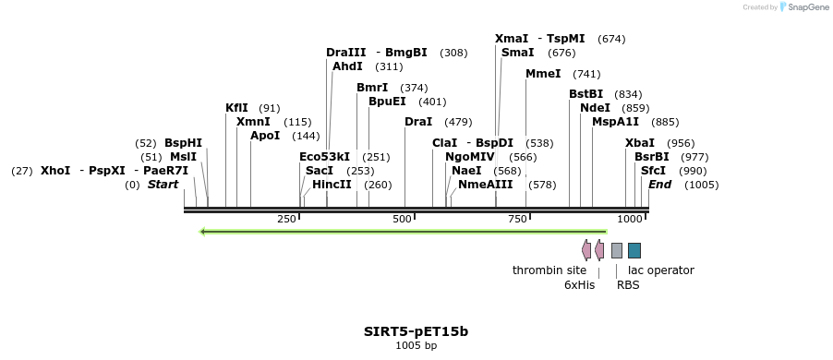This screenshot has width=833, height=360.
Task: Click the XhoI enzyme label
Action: [55, 171]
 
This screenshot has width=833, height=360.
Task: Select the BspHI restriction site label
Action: [183, 143]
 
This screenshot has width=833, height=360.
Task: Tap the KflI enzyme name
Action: [236, 108]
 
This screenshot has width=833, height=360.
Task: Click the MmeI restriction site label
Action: [543, 74]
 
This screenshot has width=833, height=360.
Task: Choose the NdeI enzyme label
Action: [595, 108]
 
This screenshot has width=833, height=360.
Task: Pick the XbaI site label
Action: [640, 143]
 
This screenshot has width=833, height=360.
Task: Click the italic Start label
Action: [163, 185]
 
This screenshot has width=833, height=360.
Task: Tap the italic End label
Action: [659, 185]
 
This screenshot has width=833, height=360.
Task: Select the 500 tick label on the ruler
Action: [402, 219]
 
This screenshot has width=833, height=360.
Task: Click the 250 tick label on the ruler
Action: [286, 219]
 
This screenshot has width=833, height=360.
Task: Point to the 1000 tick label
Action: [630, 219]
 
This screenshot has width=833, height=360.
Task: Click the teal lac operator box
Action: [634, 250]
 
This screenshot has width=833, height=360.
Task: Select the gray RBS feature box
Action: [617, 250]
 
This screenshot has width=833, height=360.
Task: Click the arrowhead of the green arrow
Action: [204, 232]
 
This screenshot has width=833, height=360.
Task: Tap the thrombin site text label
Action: [549, 270]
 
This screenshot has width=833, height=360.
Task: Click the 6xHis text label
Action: [579, 285]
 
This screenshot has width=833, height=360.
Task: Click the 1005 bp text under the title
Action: [416, 346]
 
